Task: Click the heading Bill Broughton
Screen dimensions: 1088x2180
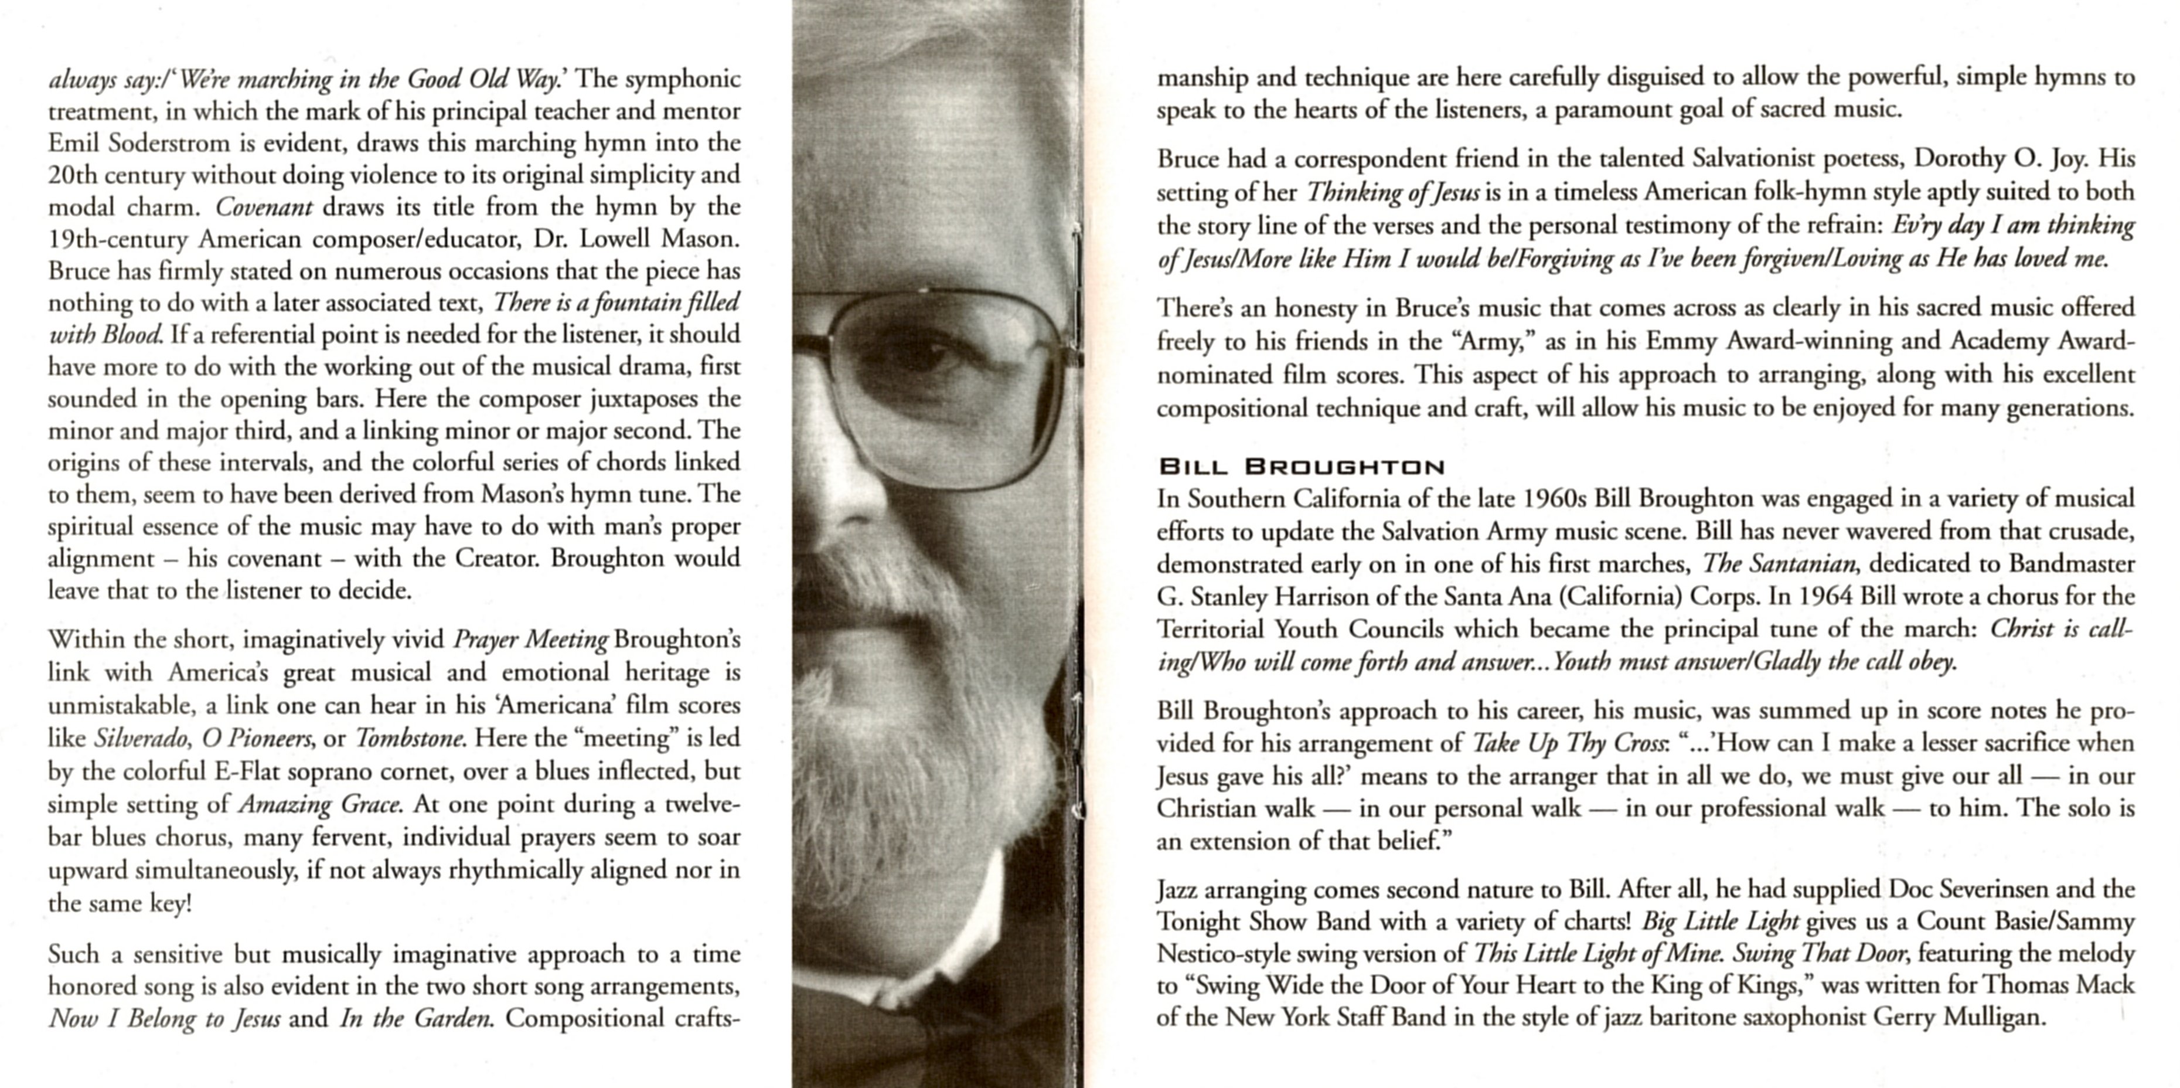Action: pos(1301,467)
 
